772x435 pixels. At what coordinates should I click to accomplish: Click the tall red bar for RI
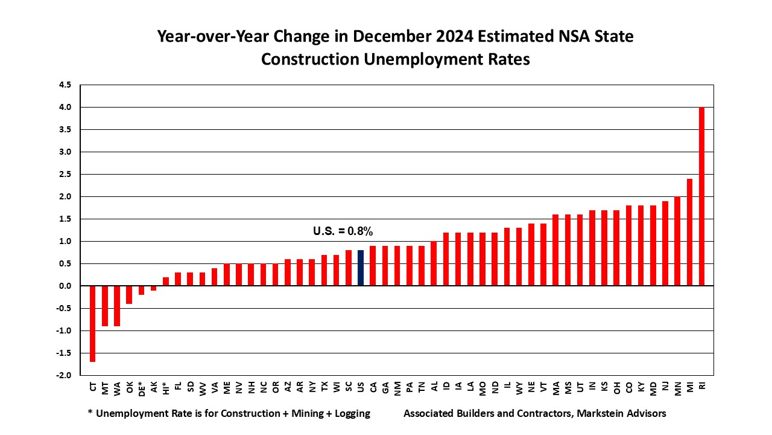click(x=701, y=196)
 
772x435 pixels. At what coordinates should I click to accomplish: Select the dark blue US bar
click(x=361, y=268)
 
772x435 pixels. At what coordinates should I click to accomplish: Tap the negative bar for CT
click(x=93, y=324)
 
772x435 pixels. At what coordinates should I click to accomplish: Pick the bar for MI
click(x=689, y=233)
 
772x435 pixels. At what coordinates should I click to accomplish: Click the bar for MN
click(x=677, y=242)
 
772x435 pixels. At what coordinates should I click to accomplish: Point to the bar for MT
click(x=105, y=306)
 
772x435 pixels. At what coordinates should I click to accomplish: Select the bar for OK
click(x=129, y=295)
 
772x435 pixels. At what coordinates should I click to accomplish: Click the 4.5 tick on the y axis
click(x=65, y=85)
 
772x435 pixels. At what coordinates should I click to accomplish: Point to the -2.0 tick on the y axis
click(x=64, y=375)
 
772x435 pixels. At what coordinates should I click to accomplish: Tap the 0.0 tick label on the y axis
click(x=65, y=286)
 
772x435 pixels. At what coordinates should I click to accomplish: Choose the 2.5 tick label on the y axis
click(x=65, y=175)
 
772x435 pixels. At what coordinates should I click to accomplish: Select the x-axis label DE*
click(x=141, y=388)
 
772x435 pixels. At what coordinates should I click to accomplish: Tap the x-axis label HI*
click(x=165, y=388)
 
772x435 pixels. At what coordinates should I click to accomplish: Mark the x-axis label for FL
click(x=178, y=386)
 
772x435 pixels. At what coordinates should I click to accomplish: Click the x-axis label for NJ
click(x=665, y=386)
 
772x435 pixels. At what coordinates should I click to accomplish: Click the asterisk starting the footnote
click(x=90, y=413)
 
